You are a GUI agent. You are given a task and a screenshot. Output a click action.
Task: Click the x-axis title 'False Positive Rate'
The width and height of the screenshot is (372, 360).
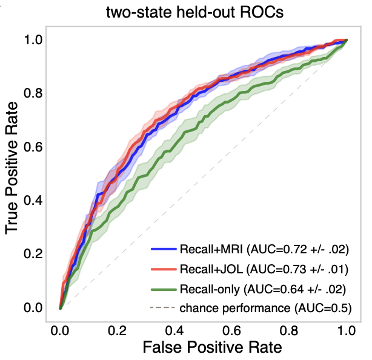(x=202, y=348)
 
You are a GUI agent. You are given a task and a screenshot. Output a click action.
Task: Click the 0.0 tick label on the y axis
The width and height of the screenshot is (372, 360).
(x=33, y=308)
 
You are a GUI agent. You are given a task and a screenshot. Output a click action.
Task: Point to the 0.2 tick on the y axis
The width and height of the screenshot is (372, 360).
(x=33, y=254)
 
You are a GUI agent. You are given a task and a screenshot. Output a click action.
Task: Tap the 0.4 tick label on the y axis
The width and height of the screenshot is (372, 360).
(x=33, y=201)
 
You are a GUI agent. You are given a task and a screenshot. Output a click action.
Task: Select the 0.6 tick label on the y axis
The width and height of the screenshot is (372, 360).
(x=33, y=147)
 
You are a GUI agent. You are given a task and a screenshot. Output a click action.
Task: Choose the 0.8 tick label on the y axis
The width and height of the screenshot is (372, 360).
(x=33, y=93)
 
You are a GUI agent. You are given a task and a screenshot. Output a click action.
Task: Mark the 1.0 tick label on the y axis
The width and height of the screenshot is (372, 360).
(x=33, y=39)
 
